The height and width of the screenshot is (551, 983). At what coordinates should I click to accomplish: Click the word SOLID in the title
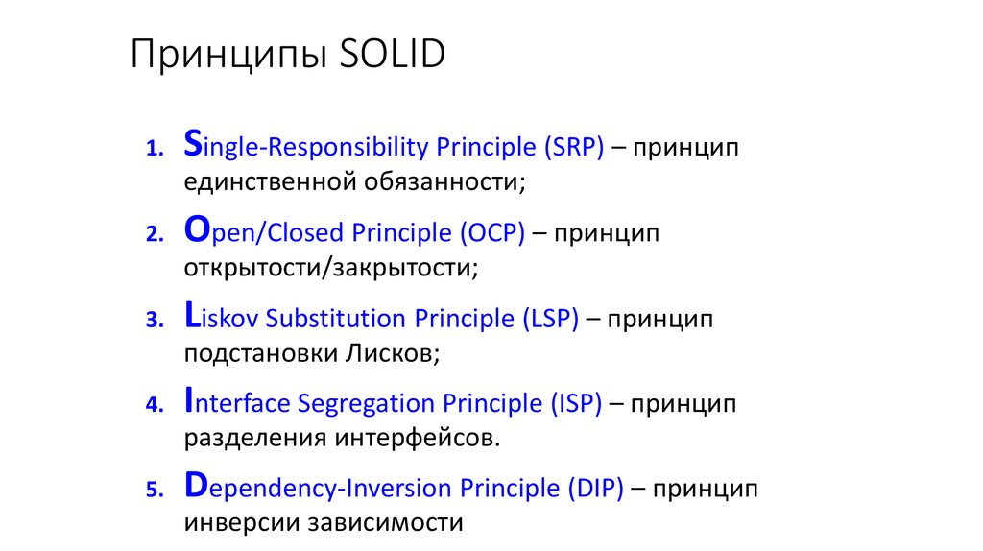[x=393, y=56]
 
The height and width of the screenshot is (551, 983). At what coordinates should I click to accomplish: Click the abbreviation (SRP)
[x=573, y=148]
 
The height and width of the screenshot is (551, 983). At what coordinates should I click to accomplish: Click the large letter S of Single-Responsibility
[x=193, y=144]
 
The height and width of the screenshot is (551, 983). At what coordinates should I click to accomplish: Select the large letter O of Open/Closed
[x=196, y=229]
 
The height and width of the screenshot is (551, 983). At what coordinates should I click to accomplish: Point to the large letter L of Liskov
[x=191, y=314]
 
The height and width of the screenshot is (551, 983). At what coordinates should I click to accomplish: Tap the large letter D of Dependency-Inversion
[x=196, y=485]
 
